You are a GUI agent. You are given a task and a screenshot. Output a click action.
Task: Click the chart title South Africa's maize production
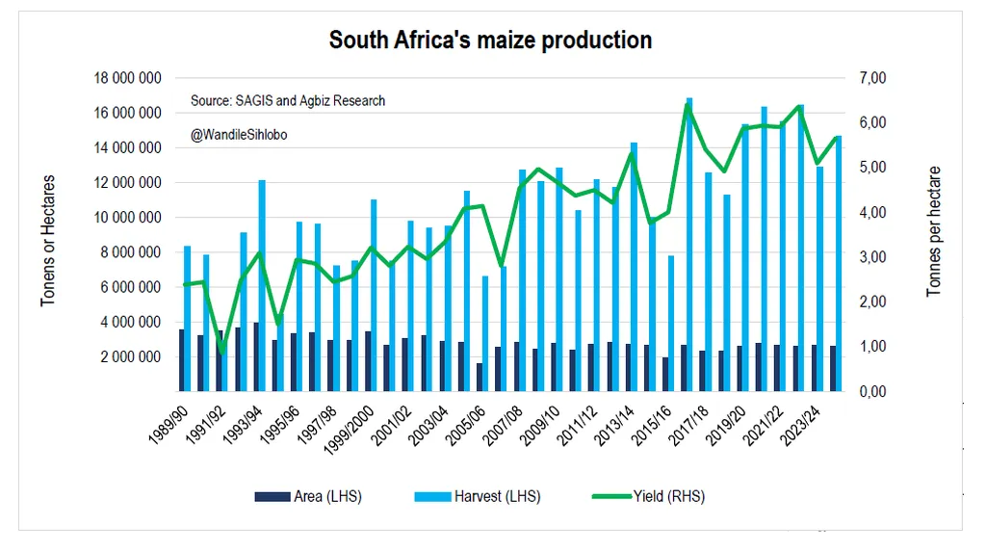click(x=490, y=40)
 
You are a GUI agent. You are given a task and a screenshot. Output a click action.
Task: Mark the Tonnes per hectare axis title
click(x=933, y=231)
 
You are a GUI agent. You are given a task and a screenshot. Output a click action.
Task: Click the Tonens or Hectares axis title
click(x=47, y=241)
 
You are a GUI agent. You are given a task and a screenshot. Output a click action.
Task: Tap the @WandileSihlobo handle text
click(x=238, y=135)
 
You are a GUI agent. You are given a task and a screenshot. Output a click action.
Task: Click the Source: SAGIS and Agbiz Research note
click(x=287, y=100)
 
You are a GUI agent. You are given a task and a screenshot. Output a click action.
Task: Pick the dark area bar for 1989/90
click(x=181, y=360)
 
